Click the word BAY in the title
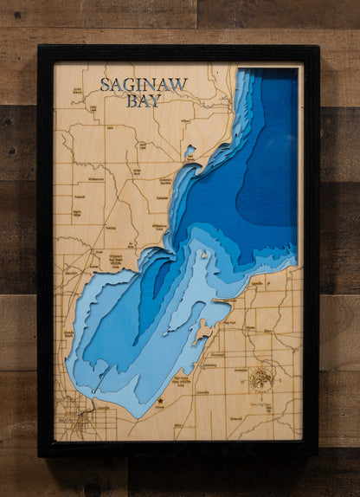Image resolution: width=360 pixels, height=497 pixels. point(142,100)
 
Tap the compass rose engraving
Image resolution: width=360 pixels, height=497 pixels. point(260,378)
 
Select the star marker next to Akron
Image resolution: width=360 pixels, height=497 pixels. point(160,401)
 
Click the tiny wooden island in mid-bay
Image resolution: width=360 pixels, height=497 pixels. point(204,255)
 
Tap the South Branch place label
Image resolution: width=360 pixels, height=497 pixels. point(79,90)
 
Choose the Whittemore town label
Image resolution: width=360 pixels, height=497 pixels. point(95,179)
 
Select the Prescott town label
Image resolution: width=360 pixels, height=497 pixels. point(79,197)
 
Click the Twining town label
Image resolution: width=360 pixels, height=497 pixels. point(110,228)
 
